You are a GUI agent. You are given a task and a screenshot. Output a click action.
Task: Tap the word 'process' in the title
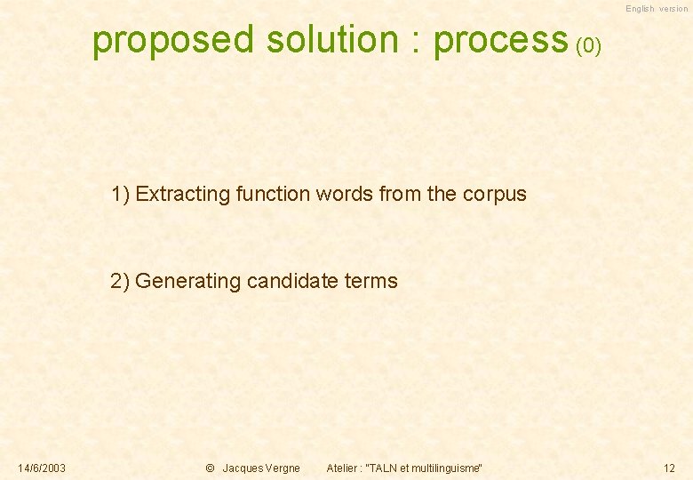coord(500,41)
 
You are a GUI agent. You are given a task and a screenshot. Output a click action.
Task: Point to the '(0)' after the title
coord(588,45)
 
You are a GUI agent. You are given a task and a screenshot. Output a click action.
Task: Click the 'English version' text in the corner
coord(656,9)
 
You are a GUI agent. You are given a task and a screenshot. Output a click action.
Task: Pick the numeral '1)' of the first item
coord(121,194)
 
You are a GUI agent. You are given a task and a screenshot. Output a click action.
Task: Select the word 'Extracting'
coord(183,194)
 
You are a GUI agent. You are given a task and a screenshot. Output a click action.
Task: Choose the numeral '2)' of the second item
coord(121,282)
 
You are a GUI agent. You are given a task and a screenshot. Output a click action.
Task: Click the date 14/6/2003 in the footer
coord(42,468)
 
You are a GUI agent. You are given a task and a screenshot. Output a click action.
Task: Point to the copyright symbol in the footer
coord(210,468)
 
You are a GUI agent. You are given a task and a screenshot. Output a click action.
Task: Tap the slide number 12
coord(669,468)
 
